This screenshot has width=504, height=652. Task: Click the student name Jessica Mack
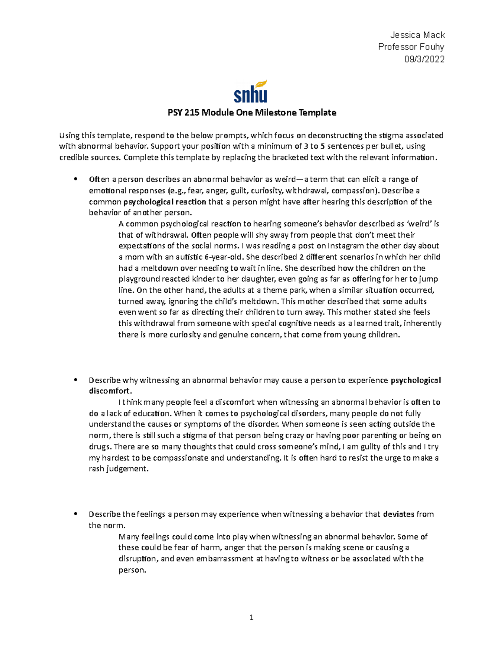tap(417, 35)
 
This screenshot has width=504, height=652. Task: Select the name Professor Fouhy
tap(411, 47)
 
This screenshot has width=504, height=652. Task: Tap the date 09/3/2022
tap(424, 59)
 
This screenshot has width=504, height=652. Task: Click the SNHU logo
tap(251, 92)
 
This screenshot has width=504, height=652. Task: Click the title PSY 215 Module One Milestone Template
tap(252, 113)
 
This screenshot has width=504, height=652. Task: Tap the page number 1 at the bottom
tap(252, 617)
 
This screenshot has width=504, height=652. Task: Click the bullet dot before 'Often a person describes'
tap(76, 179)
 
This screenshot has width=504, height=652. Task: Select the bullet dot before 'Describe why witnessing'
tap(76, 380)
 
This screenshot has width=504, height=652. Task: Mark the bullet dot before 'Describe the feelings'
tap(76, 514)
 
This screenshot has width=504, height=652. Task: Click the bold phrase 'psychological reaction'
tap(167, 202)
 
